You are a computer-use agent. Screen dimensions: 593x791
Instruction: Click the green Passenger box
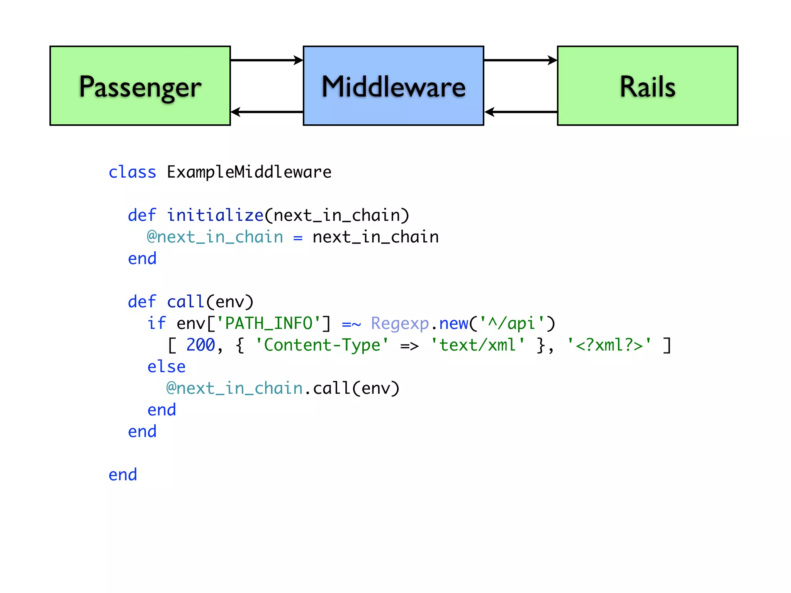click(140, 86)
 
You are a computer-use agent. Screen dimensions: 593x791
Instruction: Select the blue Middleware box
click(393, 86)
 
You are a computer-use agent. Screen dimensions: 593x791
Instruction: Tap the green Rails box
click(647, 86)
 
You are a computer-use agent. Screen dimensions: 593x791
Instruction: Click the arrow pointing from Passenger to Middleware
click(266, 60)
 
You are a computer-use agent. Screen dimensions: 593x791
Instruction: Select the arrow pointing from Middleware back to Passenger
click(266, 112)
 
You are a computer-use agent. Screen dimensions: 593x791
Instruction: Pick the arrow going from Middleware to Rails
click(520, 60)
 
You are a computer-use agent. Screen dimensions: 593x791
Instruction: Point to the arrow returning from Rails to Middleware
click(520, 112)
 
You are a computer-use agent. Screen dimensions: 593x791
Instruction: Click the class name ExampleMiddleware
click(249, 172)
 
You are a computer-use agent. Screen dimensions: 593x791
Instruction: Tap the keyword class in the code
click(132, 172)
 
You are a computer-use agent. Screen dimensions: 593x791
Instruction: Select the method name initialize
click(215, 215)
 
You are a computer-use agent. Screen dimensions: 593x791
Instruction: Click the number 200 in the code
click(200, 345)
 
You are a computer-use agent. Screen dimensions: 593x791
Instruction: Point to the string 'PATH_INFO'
click(268, 324)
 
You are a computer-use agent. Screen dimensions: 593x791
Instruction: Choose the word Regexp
click(400, 324)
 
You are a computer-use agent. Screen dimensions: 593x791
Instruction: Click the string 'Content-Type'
click(322, 345)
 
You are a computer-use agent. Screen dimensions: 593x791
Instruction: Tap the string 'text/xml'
click(477, 345)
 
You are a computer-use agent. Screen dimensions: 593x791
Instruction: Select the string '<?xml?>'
click(609, 345)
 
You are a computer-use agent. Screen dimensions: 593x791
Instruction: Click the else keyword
click(166, 367)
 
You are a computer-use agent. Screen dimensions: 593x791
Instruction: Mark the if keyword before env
click(156, 324)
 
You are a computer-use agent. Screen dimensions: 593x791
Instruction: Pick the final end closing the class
click(123, 475)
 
